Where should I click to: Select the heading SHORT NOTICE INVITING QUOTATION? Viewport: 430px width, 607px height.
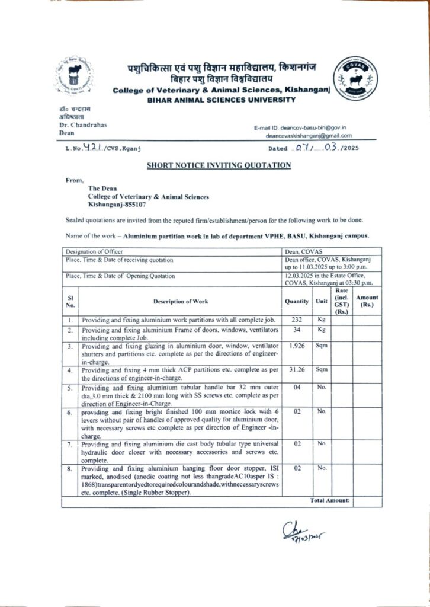click(219, 165)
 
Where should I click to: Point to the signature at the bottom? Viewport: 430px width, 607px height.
click(301, 531)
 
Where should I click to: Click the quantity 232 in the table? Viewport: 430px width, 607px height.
click(297, 318)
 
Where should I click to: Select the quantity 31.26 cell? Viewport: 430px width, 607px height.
click(297, 370)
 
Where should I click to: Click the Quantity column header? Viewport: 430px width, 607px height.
click(297, 301)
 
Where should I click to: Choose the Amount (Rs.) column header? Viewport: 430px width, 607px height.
click(367, 301)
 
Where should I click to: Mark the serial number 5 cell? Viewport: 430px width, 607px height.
click(70, 389)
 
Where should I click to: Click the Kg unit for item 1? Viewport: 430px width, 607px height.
click(322, 318)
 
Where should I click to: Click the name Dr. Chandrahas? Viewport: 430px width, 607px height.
click(84, 126)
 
